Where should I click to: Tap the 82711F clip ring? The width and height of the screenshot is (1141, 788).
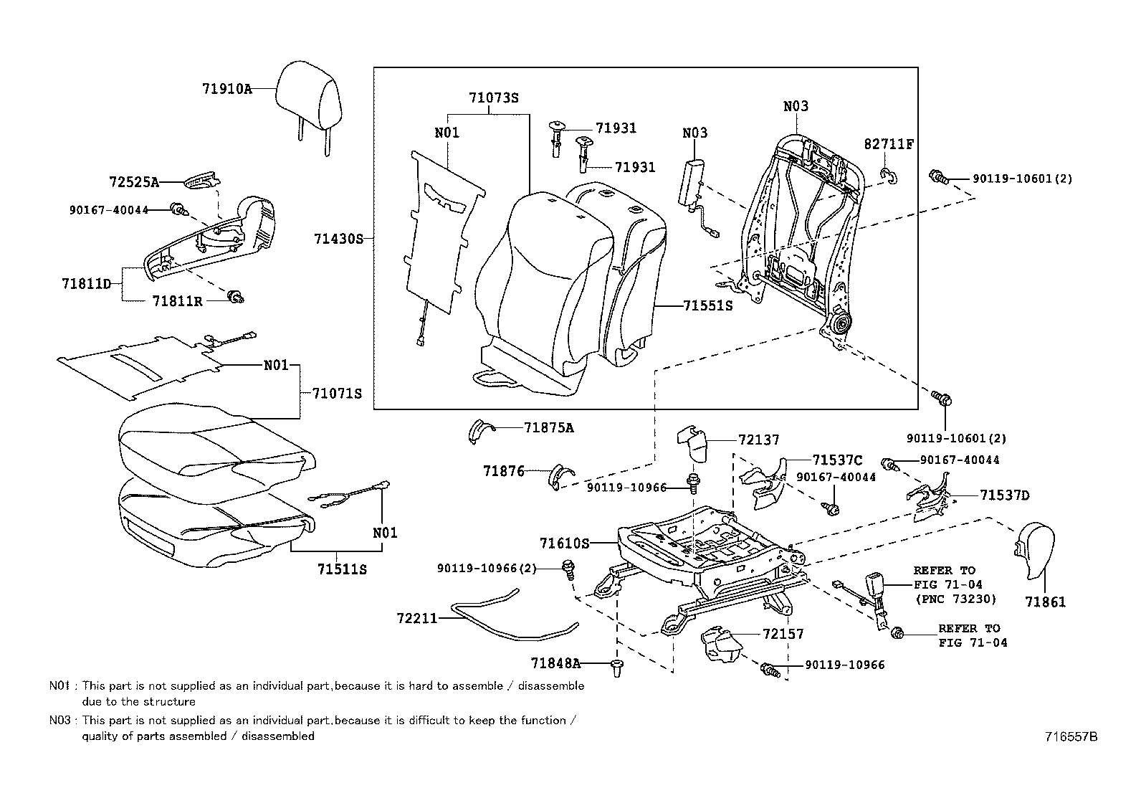889,175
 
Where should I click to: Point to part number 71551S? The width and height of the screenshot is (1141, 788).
707,306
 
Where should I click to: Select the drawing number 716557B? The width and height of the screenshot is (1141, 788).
1070,736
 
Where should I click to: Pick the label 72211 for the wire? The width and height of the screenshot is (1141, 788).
417,618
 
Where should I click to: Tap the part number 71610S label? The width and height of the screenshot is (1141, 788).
564,544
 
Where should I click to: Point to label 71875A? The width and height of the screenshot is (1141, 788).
548,428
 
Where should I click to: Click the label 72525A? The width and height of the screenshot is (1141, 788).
134,182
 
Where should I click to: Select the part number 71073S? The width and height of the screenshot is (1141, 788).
493,98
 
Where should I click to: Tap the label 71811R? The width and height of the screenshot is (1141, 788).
177,302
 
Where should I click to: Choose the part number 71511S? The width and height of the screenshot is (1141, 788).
342,569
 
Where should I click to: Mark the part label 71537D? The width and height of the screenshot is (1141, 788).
1004,495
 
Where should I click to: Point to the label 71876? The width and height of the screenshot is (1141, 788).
503,471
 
